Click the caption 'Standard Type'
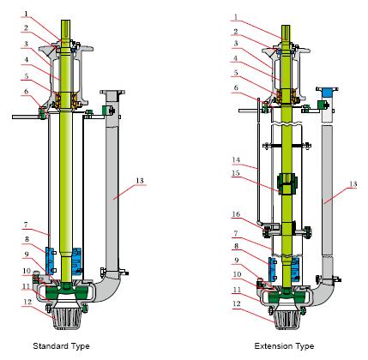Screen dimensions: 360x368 [x=61, y=346]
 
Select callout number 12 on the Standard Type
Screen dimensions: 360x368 [x=27, y=301]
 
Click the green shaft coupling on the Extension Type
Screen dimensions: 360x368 [x=283, y=183]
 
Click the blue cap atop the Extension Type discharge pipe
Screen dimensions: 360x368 [x=326, y=91]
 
